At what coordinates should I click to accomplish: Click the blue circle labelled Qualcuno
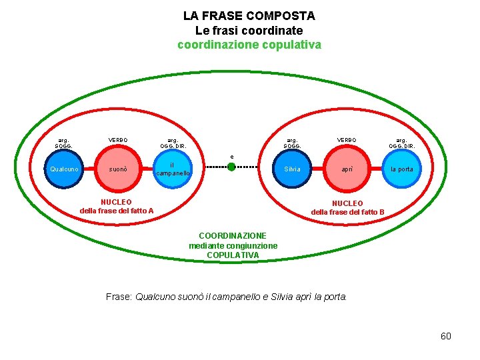pyautogui.click(x=65, y=169)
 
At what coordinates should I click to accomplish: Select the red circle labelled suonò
pyautogui.click(x=119, y=169)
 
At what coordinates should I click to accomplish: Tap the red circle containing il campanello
pyautogui.click(x=172, y=169)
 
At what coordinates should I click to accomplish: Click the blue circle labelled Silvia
pyautogui.click(x=292, y=169)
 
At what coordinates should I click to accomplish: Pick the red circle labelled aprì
pyautogui.click(x=347, y=169)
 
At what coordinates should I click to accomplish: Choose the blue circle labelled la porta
pyautogui.click(x=401, y=169)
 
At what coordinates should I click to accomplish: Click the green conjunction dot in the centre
pyautogui.click(x=231, y=167)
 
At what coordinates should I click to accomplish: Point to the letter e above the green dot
pyautogui.click(x=232, y=157)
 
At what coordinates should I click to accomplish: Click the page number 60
pyautogui.click(x=446, y=336)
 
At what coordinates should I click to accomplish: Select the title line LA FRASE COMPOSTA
pyautogui.click(x=249, y=15)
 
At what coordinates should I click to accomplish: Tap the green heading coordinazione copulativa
pyautogui.click(x=249, y=45)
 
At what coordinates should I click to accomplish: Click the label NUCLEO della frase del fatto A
pyautogui.click(x=117, y=207)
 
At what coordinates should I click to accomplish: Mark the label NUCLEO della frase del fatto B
pyautogui.click(x=347, y=207)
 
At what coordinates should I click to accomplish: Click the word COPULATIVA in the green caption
pyautogui.click(x=233, y=255)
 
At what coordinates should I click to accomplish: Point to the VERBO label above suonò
pyautogui.click(x=118, y=140)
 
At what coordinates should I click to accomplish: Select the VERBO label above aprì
pyautogui.click(x=347, y=140)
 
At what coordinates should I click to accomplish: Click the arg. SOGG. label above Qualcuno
pyautogui.click(x=64, y=143)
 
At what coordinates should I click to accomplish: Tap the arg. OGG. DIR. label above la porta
pyautogui.click(x=401, y=143)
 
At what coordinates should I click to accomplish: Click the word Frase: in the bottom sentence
pyautogui.click(x=119, y=297)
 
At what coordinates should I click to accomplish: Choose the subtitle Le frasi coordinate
pyautogui.click(x=249, y=31)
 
